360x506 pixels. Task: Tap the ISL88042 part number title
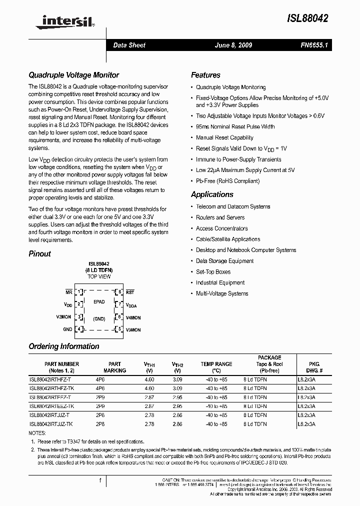(307, 18)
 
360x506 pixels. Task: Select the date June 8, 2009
(233, 45)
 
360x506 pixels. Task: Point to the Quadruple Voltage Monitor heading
(73, 75)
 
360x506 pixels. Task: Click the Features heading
(205, 75)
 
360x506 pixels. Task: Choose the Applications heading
(212, 194)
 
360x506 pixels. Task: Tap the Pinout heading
(39, 253)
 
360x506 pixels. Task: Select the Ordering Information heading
(64, 346)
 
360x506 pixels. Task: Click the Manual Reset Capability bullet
(224, 137)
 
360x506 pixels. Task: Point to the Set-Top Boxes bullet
(213, 272)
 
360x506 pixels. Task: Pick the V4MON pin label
(133, 317)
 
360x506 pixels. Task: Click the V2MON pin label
(64, 317)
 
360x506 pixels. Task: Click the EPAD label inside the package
(99, 301)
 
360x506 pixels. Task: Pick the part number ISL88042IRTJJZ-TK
(51, 424)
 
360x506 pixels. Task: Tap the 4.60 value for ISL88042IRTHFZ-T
(149, 379)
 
